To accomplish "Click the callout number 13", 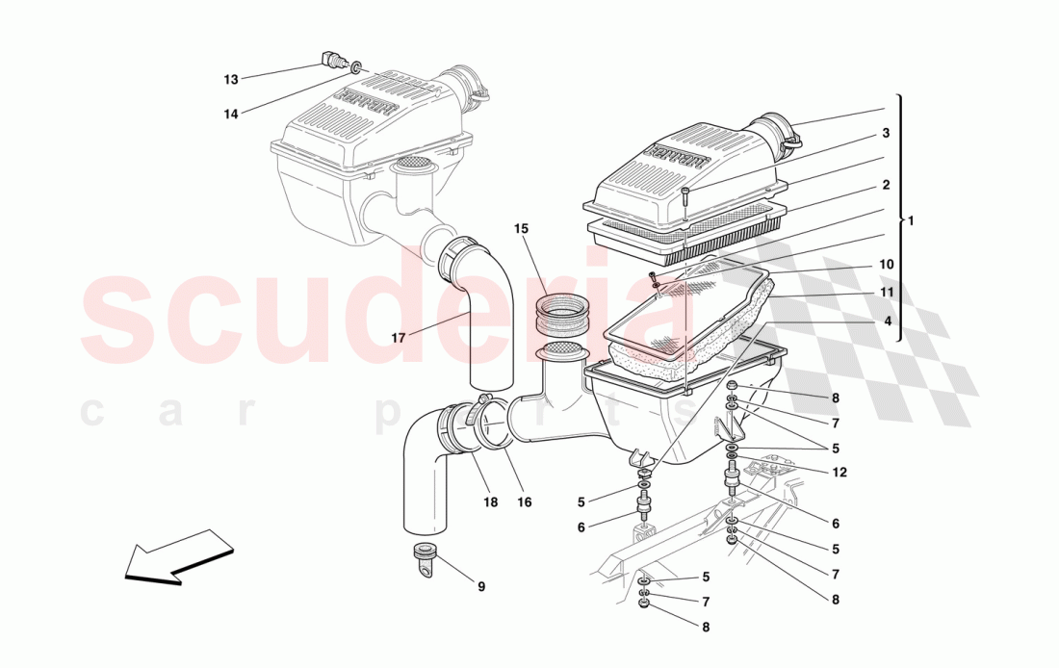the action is point(231,80).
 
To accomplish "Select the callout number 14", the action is point(231,115).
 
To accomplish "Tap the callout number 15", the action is point(521,229).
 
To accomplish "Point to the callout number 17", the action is point(399,337).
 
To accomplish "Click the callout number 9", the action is point(481,587).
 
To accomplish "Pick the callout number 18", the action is point(490,501).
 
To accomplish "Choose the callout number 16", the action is point(524,501).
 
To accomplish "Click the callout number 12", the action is point(839,473).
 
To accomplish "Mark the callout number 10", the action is point(886,264).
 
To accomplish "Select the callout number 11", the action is point(886,293).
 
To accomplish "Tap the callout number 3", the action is point(886,133).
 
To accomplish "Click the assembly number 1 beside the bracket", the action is point(911,220).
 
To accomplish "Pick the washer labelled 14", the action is point(354,67).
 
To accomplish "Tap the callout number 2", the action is point(886,185).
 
